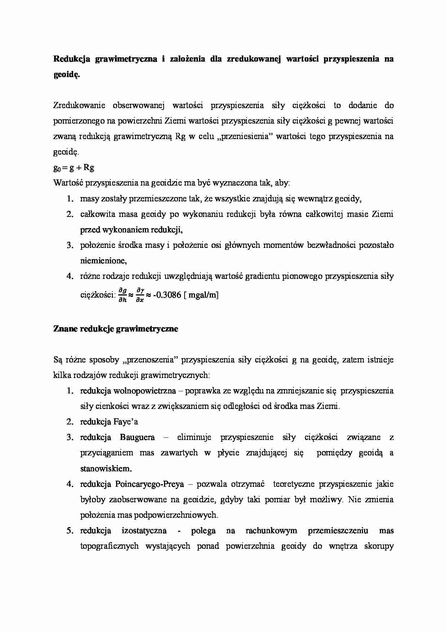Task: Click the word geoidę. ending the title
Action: coord(66,75)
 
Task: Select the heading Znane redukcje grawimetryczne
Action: coord(115,329)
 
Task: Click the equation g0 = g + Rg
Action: coord(74,168)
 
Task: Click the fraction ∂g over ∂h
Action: coord(123,295)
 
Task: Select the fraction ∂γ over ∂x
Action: coord(140,295)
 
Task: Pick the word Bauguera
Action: coord(137,437)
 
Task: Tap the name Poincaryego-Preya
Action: coord(149,484)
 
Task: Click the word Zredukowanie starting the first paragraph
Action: coord(79,105)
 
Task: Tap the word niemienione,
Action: coord(103,261)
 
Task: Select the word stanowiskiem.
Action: coord(106,468)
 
